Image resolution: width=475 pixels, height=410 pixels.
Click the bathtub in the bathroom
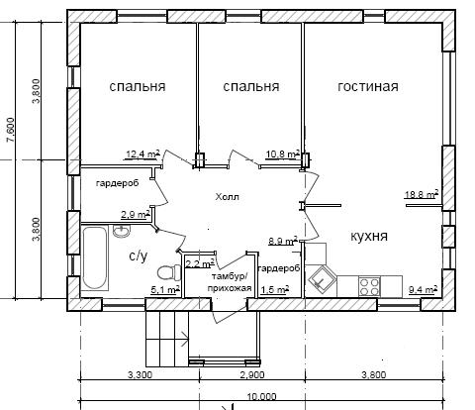point(95,257)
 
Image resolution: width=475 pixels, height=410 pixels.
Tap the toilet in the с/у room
point(169,273)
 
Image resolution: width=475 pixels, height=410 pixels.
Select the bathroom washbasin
point(122,231)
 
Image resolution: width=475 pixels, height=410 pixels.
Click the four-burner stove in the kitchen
point(369,286)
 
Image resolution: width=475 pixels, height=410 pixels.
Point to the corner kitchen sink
point(321,279)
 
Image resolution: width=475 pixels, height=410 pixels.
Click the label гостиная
point(368,86)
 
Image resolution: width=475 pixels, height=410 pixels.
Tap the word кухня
point(368,237)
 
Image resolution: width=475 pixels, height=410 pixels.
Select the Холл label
point(228,197)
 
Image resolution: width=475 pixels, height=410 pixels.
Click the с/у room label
point(139,256)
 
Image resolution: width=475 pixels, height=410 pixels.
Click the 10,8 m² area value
point(283,154)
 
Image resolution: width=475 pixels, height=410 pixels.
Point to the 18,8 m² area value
point(422,194)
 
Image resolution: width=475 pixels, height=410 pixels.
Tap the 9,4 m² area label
point(424,289)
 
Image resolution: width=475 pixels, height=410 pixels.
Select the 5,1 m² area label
point(165,290)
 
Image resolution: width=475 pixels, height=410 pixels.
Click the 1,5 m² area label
point(275,289)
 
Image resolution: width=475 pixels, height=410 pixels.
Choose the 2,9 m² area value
point(136,215)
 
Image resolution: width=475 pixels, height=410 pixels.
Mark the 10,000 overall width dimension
point(261,396)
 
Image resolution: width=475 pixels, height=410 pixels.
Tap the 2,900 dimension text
point(252,375)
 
